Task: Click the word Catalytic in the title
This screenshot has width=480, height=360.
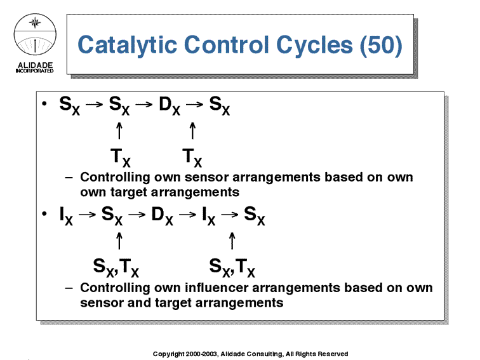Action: click(128, 45)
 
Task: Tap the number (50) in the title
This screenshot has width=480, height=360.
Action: click(381, 45)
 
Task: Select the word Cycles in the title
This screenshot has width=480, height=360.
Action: click(315, 45)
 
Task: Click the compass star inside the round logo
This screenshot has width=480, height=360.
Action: click(35, 23)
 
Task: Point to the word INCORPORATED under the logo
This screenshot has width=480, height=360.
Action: click(34, 71)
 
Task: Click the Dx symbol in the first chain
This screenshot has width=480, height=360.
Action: click(170, 105)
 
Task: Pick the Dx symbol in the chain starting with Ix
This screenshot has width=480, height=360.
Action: click(163, 215)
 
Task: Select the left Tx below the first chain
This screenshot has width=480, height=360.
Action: click(120, 157)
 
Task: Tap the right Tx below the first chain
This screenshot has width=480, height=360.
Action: click(192, 157)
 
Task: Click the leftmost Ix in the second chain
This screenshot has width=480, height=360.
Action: click(66, 216)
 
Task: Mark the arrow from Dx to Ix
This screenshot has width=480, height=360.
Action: click(187, 215)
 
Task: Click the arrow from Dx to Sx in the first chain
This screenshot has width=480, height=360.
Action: click(194, 104)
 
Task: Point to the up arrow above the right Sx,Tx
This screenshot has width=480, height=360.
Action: click(232, 241)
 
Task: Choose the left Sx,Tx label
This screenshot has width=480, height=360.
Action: click(116, 267)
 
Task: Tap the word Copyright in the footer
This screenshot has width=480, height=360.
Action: click(168, 354)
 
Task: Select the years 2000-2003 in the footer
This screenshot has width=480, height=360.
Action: click(201, 354)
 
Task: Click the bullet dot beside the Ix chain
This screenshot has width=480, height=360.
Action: click(44, 213)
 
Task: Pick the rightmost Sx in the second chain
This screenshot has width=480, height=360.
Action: click(255, 216)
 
